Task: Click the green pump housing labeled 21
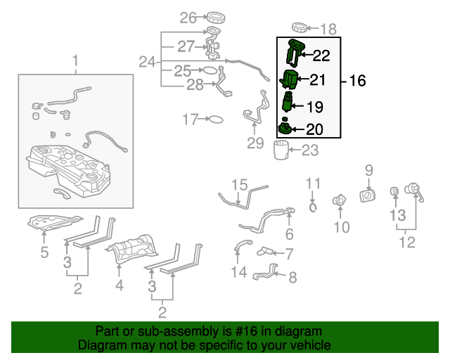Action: coord(291,79)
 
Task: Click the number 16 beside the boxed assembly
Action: coord(357,81)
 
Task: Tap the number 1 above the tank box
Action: coord(76,63)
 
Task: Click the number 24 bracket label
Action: coord(146,62)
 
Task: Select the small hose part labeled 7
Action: coord(269,251)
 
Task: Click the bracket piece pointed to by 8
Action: coord(265,271)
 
